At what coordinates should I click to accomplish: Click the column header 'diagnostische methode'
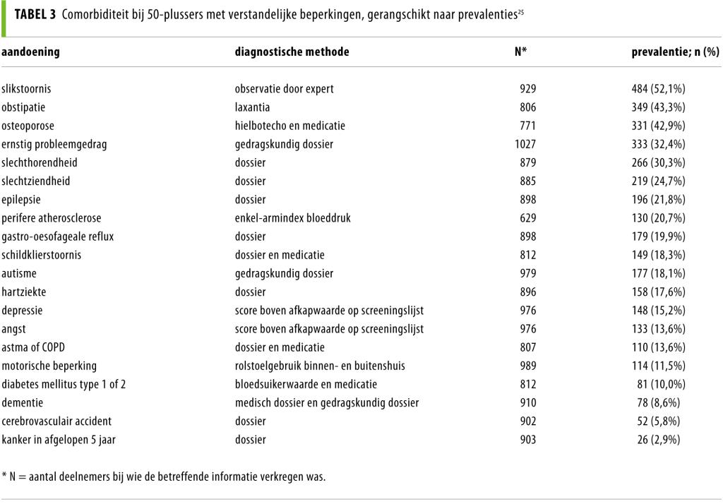pos(292,52)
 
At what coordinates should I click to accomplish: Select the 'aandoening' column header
pos(30,52)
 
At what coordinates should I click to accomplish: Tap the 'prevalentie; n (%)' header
pos(675,52)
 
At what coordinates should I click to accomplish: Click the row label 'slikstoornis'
pos(26,89)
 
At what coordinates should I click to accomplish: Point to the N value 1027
pos(525,144)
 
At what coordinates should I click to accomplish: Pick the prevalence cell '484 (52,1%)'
pos(658,89)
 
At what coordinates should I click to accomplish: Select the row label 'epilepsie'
pos(20,199)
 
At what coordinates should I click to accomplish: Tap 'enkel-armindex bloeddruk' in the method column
pos(292,217)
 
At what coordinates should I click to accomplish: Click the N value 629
pos(527,217)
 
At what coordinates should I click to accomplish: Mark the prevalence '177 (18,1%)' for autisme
pos(658,273)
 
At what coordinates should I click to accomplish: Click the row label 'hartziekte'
pos(24,292)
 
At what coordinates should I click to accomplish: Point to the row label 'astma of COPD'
pos(33,347)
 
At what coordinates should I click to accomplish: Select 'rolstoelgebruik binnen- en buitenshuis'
pos(319,365)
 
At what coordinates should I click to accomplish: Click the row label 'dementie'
pos(22,402)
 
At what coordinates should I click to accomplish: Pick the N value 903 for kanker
pos(527,439)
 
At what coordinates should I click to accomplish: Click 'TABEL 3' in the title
pos(35,15)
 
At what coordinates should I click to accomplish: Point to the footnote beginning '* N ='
pos(164,476)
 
